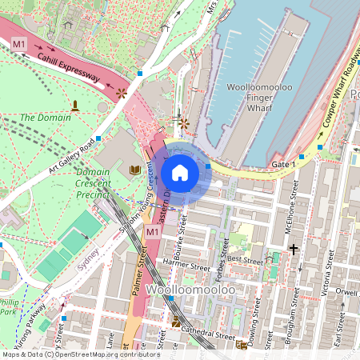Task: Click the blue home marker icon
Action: pos(180,172)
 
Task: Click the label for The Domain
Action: pos(46,118)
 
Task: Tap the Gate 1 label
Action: pos(283,164)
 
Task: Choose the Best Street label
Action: pos(245,260)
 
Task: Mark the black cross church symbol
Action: pos(294,250)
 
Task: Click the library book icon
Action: pos(134,170)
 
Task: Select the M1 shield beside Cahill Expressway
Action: pos(19,42)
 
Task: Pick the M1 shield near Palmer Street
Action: pos(153,231)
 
